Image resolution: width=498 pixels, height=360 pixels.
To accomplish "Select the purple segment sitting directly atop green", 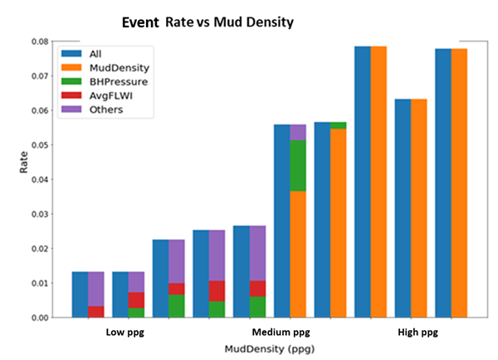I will click(297, 133).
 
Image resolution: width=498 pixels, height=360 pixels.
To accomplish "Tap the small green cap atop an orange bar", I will click(338, 125).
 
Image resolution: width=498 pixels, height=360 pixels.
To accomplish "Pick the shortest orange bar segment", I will click(297, 254).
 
